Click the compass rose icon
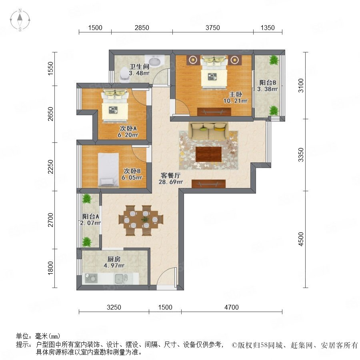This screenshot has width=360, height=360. point(20,20)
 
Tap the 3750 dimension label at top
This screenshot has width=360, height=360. point(213,28)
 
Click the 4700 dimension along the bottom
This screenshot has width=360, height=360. point(232,307)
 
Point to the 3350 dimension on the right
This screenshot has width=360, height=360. point(301,155)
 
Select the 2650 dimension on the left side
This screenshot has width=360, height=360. point(50,114)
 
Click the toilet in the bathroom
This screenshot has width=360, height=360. point(125,74)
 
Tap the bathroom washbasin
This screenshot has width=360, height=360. point(154,61)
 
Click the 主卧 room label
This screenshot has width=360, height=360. point(236,94)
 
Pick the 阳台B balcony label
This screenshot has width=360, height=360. point(268,82)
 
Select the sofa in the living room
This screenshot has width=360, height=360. point(209,131)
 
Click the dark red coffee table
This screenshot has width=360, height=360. point(209,154)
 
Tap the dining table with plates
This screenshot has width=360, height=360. point(141,220)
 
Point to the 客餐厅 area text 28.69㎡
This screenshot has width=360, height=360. point(171,182)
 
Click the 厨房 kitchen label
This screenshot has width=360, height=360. point(114,259)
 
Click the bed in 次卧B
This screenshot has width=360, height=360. point(108,169)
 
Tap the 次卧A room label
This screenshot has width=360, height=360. point(128,128)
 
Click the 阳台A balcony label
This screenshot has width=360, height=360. point(91,216)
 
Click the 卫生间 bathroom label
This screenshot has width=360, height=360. point(139,66)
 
